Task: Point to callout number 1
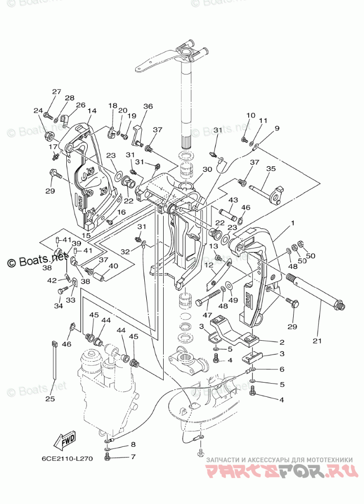[293, 223]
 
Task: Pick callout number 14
[92, 111]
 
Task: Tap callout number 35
[271, 169]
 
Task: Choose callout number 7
[133, 456]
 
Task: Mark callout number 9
[277, 129]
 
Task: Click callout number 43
[233, 199]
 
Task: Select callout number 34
[58, 306]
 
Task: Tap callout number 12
[209, 265]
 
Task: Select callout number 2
[281, 342]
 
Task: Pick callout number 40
[113, 266]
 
